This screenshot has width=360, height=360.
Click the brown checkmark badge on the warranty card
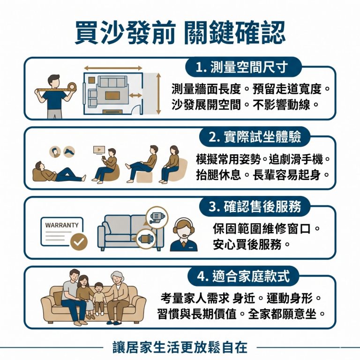(78, 242)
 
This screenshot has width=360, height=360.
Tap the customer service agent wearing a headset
(183, 234)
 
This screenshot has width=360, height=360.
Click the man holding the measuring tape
(53, 96)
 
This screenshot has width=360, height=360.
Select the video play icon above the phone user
(98, 150)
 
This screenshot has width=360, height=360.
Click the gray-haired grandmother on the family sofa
(118, 298)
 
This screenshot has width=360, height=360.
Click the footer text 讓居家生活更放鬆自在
(180, 347)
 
